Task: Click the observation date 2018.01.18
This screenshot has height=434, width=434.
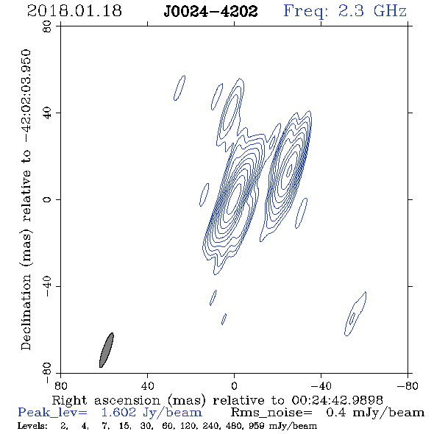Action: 74,11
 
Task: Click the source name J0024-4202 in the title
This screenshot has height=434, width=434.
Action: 211,12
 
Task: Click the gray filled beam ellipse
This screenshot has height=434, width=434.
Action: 107,350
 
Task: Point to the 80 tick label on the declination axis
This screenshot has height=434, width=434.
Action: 47,26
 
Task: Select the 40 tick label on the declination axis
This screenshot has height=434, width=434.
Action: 47,113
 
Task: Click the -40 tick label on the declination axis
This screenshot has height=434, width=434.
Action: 47,286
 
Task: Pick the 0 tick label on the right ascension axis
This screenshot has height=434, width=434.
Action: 234,385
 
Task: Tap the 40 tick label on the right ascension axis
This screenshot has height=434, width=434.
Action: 147,385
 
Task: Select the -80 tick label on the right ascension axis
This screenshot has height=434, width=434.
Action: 408,385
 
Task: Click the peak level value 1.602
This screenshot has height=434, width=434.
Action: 118,413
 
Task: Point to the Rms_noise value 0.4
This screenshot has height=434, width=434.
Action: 336,413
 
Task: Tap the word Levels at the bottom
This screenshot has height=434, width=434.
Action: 32,426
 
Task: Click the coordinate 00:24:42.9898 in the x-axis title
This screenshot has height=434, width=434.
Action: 337,400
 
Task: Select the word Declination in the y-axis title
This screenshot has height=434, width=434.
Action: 26,312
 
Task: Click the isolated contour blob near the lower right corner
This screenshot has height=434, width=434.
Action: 355,314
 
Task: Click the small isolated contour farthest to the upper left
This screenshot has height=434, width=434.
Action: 179,88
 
